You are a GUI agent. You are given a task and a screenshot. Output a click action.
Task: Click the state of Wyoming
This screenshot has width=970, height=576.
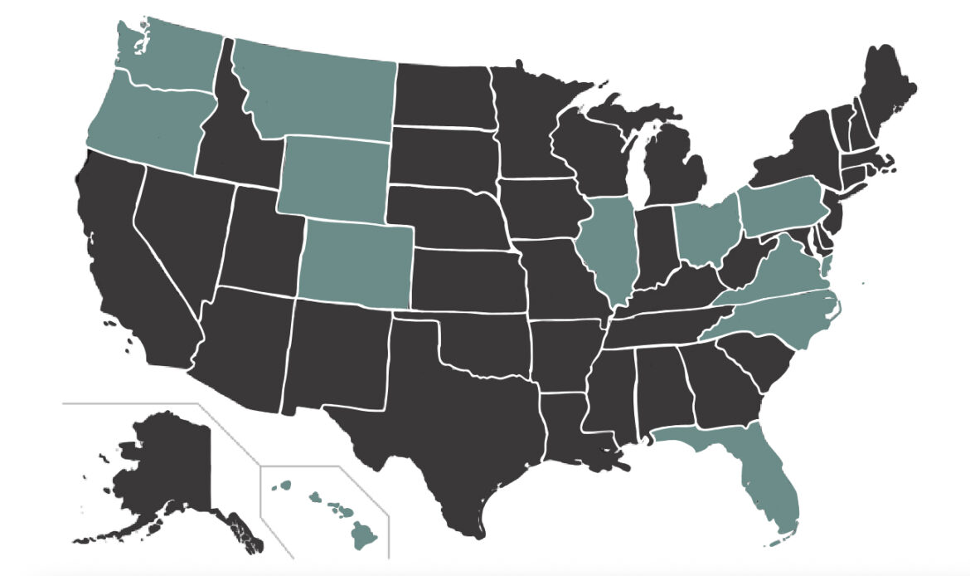click(x=336, y=177)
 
